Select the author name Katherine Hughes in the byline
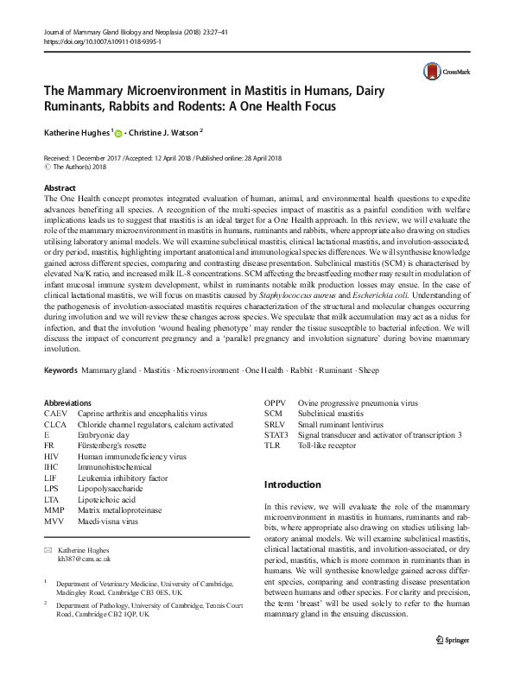76,134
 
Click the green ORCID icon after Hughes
118,135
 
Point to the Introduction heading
292,484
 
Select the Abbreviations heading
67,402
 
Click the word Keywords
60,370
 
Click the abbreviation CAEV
56,414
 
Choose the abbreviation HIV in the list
52,456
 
